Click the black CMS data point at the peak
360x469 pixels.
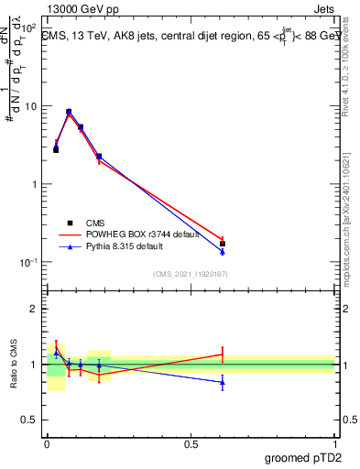[69, 112]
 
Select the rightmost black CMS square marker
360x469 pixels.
[223, 244]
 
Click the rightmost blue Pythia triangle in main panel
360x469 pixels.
[223, 251]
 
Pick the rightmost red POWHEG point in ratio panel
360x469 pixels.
[223, 354]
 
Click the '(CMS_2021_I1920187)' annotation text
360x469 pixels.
[190, 274]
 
